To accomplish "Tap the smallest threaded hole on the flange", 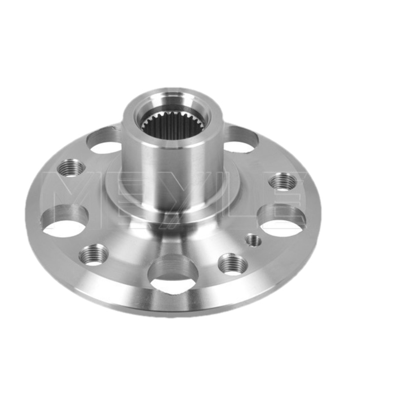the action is tap(254, 240).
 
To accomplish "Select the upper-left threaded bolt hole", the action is tap(71, 168).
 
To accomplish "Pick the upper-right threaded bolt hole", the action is tap(283, 182).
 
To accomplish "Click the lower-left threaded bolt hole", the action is tap(94, 255).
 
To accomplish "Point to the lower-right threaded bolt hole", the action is tap(233, 265).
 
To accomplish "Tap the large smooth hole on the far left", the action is tap(65, 220).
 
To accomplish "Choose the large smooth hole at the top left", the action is tap(103, 141).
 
